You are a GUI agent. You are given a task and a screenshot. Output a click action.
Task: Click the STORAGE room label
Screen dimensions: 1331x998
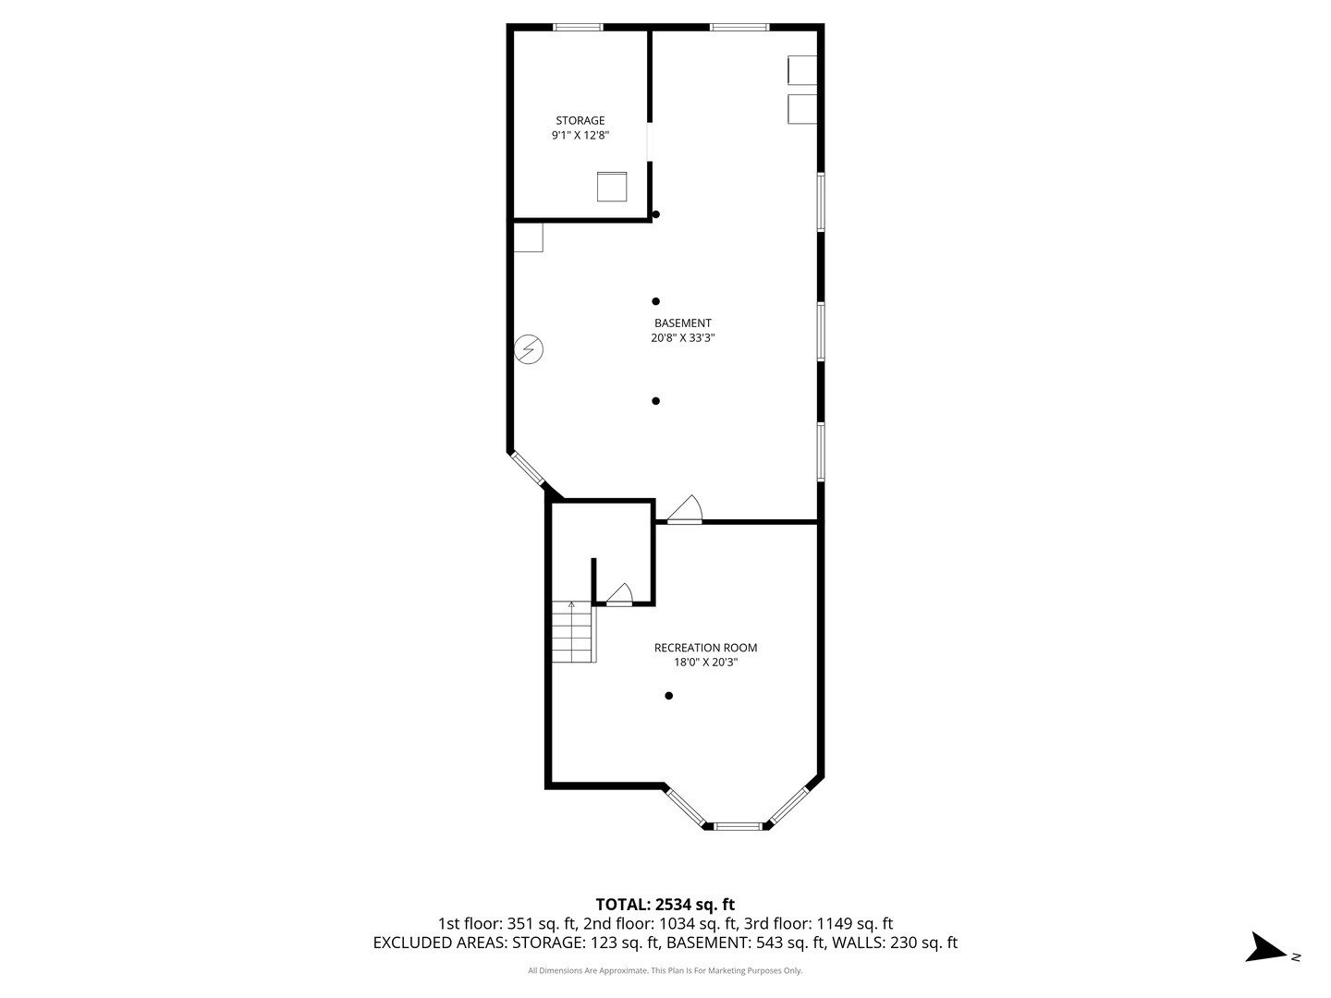[x=580, y=120]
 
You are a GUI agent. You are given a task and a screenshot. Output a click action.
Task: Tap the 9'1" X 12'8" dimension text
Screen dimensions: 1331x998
[x=580, y=135]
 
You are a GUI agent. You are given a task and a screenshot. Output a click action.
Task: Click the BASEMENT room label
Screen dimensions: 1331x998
[x=682, y=323]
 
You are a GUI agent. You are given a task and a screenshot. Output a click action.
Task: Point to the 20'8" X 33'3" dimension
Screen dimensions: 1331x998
[x=682, y=338]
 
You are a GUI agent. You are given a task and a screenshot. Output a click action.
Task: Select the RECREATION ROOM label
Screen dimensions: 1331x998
[x=705, y=647]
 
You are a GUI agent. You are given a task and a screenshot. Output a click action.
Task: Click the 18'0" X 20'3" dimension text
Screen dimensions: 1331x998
[x=705, y=663]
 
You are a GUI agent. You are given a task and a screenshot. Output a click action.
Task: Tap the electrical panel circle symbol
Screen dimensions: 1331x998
[x=528, y=349]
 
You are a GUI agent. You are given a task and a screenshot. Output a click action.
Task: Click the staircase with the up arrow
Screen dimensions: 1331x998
[x=574, y=631]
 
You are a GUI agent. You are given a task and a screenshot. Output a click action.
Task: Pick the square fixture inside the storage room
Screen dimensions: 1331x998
[x=611, y=187]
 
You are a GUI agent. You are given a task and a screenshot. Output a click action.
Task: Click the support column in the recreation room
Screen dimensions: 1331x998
[x=668, y=696]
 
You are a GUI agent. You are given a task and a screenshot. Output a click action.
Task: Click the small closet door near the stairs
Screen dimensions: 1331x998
[x=618, y=594]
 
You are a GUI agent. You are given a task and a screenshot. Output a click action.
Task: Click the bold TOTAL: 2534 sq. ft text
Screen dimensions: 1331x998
[x=665, y=904]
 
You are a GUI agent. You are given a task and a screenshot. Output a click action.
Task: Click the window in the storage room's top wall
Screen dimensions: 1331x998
[x=578, y=27]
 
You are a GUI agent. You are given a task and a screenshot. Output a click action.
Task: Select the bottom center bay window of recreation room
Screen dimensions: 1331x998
[x=737, y=826]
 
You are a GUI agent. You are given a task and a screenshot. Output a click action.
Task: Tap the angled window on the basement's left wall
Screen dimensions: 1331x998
[x=526, y=468]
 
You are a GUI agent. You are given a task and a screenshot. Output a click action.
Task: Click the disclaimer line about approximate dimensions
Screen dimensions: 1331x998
[x=665, y=970]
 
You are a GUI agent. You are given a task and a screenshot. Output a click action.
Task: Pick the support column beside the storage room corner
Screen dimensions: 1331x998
[x=655, y=214]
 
